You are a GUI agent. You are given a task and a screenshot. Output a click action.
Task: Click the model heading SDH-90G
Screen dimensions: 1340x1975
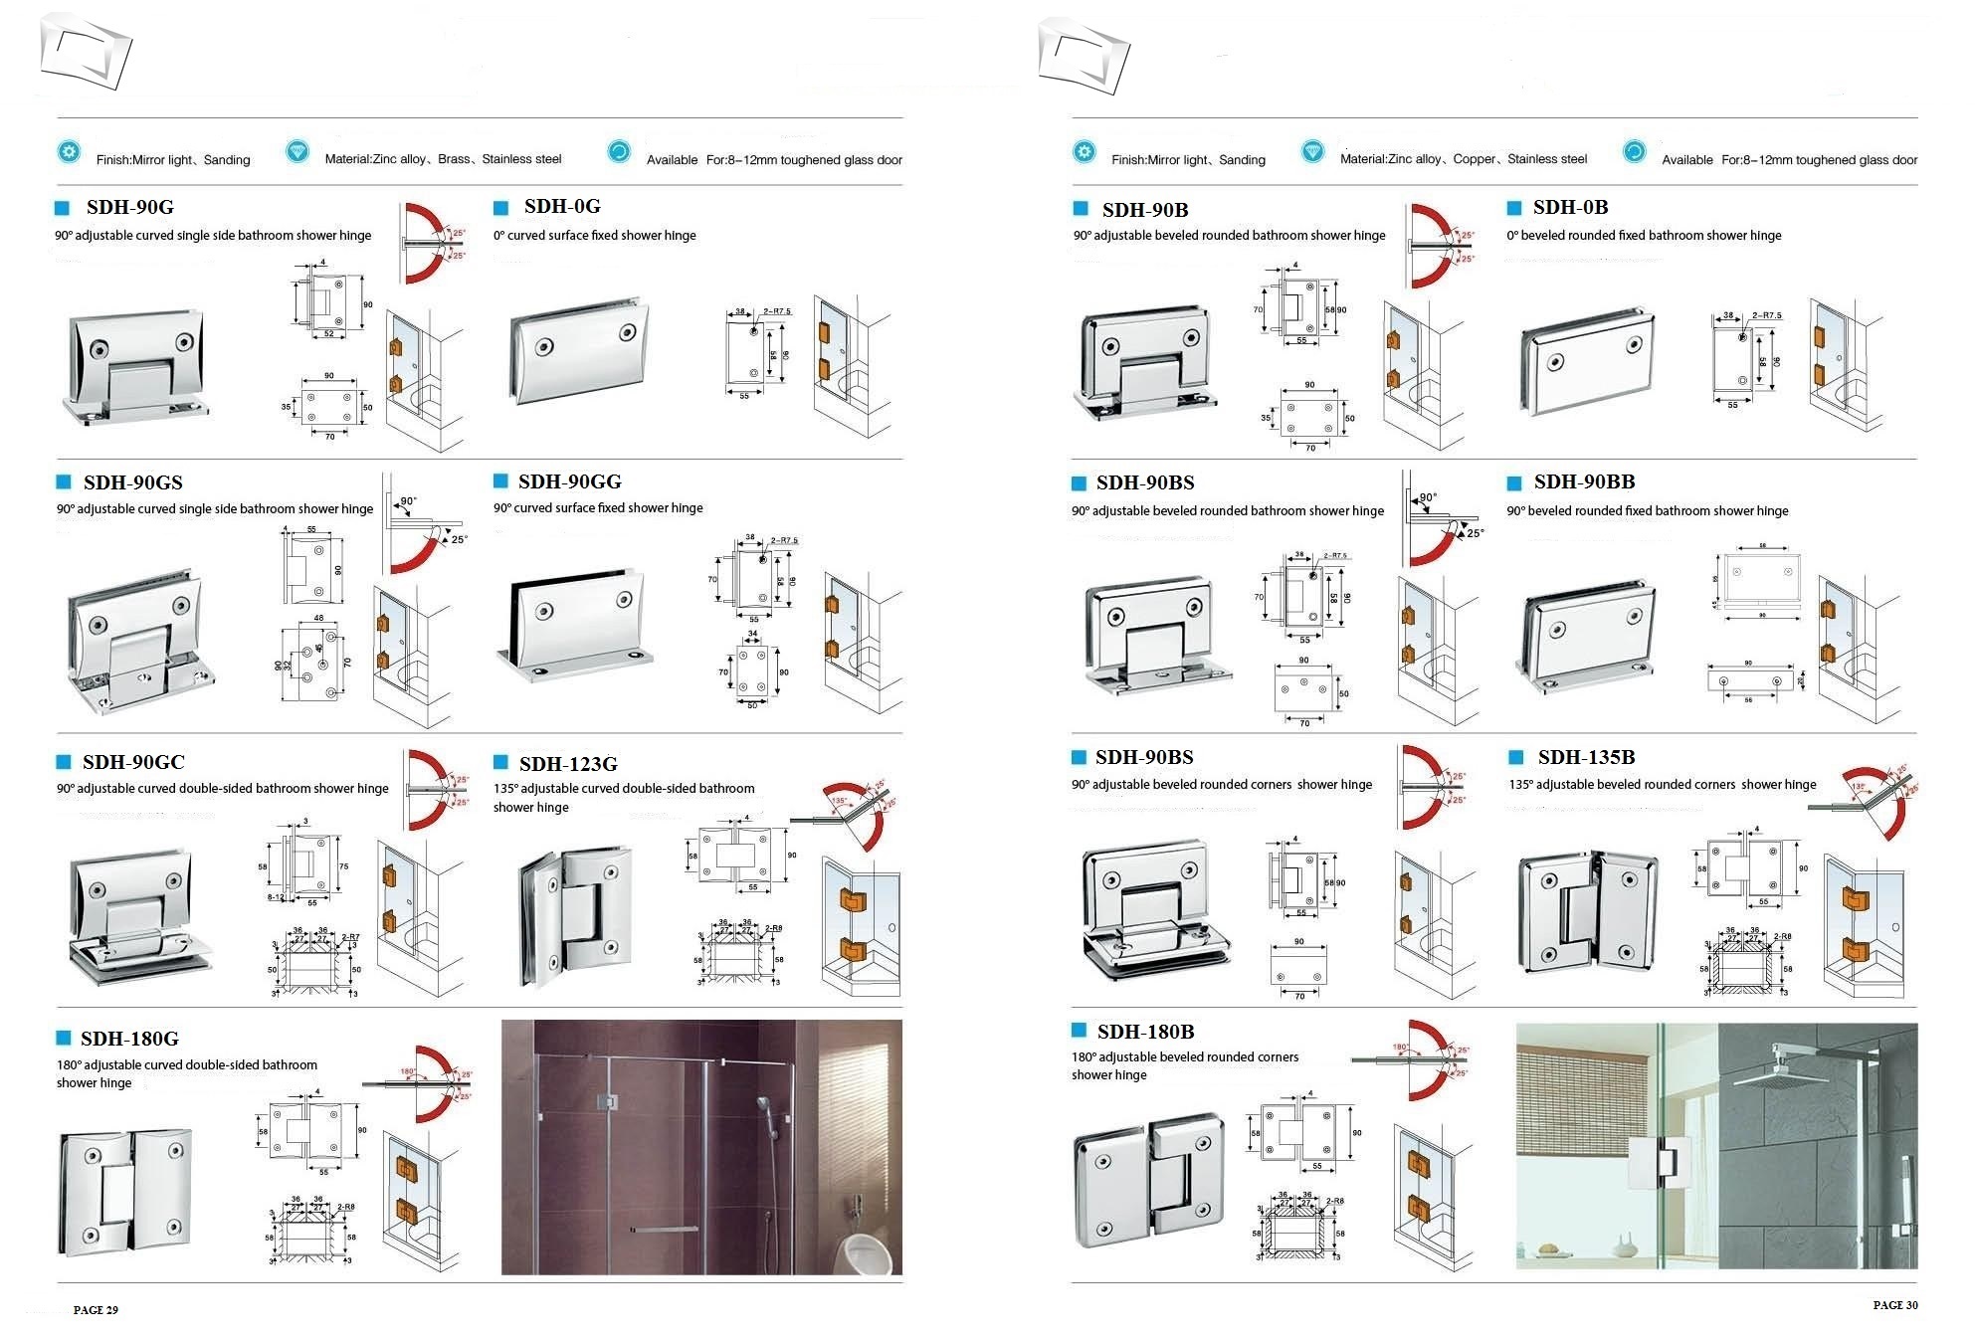129,207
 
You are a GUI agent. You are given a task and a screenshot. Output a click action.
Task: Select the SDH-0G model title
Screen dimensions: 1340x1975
562,206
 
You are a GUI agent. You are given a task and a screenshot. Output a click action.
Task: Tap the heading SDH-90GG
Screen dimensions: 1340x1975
569,481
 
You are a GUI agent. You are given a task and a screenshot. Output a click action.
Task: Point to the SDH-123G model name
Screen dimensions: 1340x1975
567,764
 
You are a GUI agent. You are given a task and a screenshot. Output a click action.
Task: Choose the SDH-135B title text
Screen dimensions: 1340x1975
1586,757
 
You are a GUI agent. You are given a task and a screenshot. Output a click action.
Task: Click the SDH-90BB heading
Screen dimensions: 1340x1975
1584,481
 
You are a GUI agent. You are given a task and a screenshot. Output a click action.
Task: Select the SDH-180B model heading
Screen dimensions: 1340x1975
1145,1032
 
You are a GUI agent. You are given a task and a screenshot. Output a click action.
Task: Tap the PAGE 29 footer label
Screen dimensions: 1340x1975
96,1310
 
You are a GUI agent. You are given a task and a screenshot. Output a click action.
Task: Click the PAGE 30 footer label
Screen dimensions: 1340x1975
1894,1305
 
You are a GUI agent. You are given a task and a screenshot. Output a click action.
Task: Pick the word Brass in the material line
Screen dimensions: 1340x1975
455,159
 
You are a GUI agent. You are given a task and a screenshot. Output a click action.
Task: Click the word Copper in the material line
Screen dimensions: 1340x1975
1474,159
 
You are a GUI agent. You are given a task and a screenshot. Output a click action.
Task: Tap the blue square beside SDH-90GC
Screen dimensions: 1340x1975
64,762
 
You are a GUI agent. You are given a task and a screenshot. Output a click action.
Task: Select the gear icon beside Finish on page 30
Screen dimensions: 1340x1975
1084,152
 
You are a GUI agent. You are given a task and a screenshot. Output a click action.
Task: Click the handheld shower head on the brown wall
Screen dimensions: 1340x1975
764,1105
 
